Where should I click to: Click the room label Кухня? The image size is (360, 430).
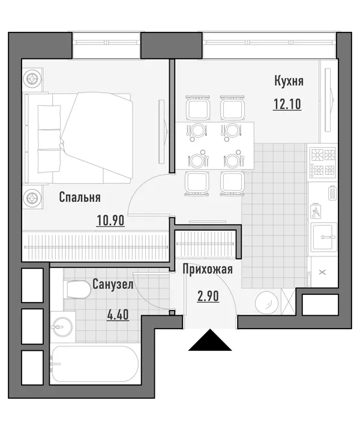[x=289, y=82]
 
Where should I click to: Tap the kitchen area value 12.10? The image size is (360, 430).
[x=287, y=104]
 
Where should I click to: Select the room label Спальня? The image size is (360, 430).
[x=80, y=197]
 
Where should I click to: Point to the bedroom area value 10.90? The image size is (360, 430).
[x=110, y=220]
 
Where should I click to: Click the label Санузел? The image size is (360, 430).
[x=113, y=285]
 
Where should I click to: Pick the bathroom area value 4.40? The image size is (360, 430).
[x=118, y=315]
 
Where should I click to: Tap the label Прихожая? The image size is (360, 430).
[x=208, y=269]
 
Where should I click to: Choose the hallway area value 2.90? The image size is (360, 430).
[x=208, y=296]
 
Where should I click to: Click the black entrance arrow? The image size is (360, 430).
[x=210, y=340]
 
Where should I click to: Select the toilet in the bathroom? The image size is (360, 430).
[x=78, y=289]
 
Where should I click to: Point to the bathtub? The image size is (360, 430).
[x=95, y=364]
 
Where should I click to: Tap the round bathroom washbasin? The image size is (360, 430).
[x=63, y=327]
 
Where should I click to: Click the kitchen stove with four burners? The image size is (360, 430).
[x=322, y=162]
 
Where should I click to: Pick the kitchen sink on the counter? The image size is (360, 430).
[x=324, y=237]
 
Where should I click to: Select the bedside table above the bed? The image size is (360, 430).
[x=32, y=79]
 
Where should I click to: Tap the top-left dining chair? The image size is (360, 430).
[x=197, y=107]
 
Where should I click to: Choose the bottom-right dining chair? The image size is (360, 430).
[x=232, y=183]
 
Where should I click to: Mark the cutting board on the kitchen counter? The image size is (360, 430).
[x=316, y=211]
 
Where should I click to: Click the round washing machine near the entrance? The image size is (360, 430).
[x=266, y=303]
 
